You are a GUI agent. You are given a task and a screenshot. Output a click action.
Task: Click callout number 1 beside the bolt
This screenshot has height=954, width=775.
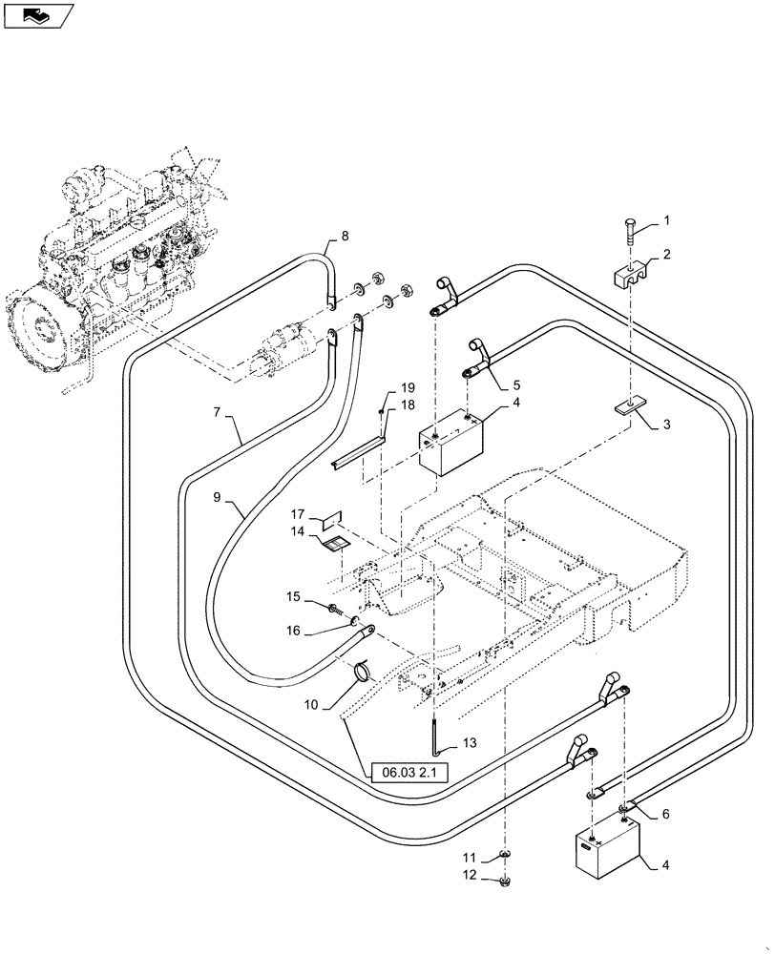tap(667, 220)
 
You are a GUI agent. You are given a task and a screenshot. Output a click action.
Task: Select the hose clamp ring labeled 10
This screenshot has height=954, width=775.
tap(363, 673)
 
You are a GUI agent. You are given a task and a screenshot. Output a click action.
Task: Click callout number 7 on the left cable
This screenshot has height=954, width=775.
tap(220, 414)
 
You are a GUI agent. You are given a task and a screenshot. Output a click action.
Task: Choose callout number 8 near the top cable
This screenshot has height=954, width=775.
tap(345, 236)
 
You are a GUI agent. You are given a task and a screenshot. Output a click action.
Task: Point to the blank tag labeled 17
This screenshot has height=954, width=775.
tap(330, 520)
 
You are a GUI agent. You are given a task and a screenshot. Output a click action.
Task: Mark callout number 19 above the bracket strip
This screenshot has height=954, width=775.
tap(408, 388)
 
